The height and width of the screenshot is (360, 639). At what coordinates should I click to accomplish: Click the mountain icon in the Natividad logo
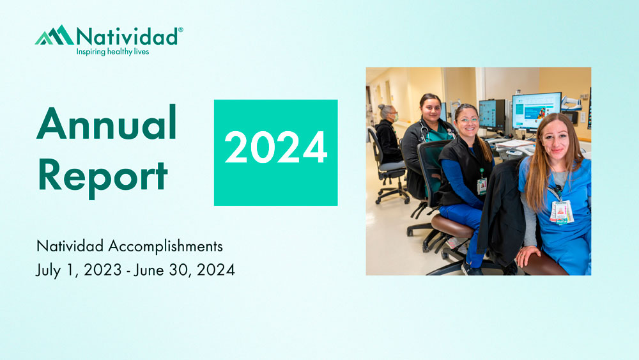coord(55,35)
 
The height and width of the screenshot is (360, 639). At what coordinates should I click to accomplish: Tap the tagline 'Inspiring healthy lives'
coord(113,52)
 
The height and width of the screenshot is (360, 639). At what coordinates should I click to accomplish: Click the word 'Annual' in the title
coord(106,123)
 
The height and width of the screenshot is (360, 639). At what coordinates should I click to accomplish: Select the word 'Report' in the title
coord(103,176)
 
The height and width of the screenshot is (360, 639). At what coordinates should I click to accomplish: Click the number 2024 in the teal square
coord(276,148)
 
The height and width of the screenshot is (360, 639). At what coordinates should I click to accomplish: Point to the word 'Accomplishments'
coord(166,246)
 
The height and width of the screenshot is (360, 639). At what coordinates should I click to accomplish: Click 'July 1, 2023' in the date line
coord(79,270)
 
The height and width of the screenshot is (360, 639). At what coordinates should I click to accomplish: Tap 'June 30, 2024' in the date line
coord(184,270)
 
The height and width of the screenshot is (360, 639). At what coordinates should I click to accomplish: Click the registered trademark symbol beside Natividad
coord(181,30)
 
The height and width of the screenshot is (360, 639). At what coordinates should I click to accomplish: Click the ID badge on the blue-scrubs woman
coord(562,212)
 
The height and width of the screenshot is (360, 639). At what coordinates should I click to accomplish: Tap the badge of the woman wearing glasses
coord(482,185)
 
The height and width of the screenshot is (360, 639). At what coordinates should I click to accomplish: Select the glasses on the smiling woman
coord(468,120)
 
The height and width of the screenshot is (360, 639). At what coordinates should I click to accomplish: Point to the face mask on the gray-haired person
coord(394,118)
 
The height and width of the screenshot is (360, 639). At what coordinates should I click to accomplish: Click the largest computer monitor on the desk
coord(536,110)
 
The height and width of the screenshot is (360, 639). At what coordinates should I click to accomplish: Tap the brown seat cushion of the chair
coord(453,226)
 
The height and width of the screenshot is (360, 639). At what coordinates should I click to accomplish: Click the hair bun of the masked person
coord(382,107)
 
